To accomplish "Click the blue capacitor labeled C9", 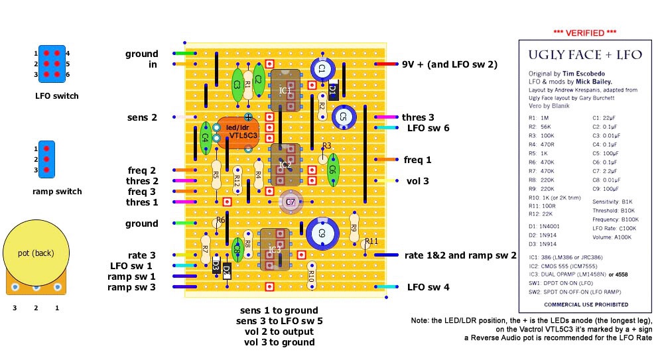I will coord(323,233).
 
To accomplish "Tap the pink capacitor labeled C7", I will coord(289,202).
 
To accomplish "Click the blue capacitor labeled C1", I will coord(322,69).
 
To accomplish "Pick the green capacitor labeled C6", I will coord(333,170).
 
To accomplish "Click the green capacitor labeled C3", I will coord(237,85).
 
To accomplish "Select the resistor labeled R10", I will coord(311,276).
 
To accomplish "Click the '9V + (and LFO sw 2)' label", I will coord(450,64).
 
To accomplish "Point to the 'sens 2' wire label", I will coord(143,117).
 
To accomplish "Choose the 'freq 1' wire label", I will coord(417,160).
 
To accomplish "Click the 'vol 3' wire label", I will coord(417,180).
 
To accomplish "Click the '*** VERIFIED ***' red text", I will coord(585,32).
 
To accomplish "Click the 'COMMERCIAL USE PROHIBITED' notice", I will coord(585,304).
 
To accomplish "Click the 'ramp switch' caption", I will coord(57,192).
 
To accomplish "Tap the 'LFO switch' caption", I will coord(56,96).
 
